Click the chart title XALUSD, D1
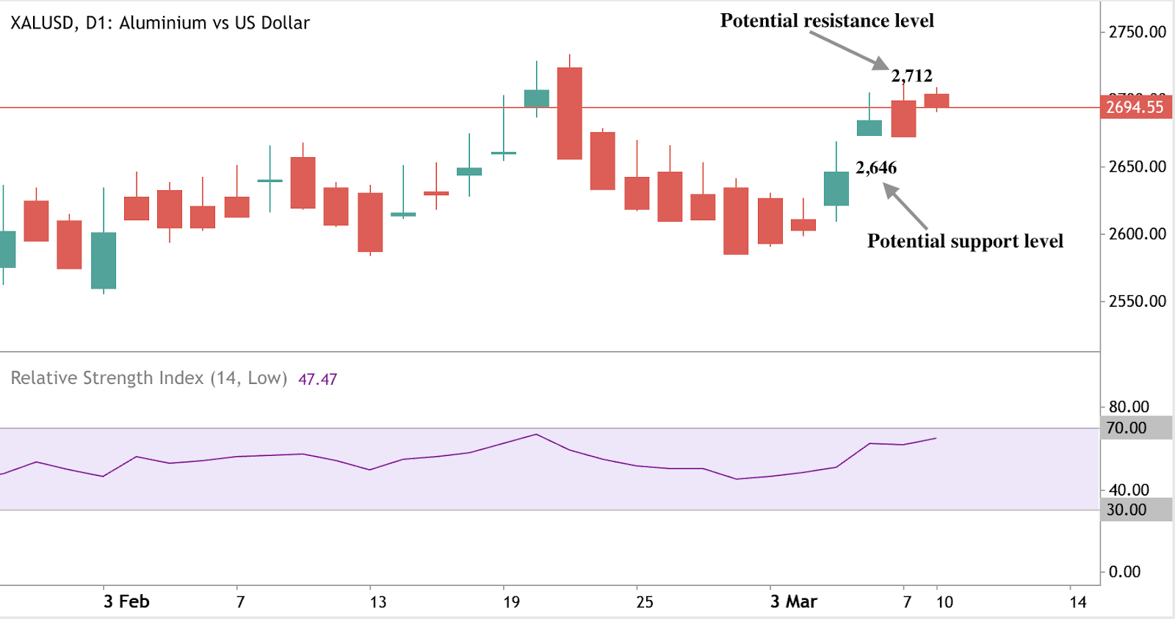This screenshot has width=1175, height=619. (159, 23)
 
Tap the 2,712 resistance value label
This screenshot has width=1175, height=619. (911, 76)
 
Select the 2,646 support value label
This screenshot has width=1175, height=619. (876, 167)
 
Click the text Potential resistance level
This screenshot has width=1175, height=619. (827, 21)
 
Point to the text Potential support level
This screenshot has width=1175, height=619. (965, 241)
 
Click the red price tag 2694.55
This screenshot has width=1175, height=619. (1135, 107)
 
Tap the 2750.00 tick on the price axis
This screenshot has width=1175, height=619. (1137, 32)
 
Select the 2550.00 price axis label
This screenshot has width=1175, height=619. (1137, 301)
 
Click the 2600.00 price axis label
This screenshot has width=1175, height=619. (1137, 234)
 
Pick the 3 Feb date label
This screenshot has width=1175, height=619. (126, 602)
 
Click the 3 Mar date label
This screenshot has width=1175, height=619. (793, 602)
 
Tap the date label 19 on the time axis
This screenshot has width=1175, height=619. (511, 602)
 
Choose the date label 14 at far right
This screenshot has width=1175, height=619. (1077, 602)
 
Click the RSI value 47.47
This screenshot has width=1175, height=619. (317, 380)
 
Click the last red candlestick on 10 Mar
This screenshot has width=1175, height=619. (936, 101)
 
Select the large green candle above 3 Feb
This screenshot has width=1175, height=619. (104, 261)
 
